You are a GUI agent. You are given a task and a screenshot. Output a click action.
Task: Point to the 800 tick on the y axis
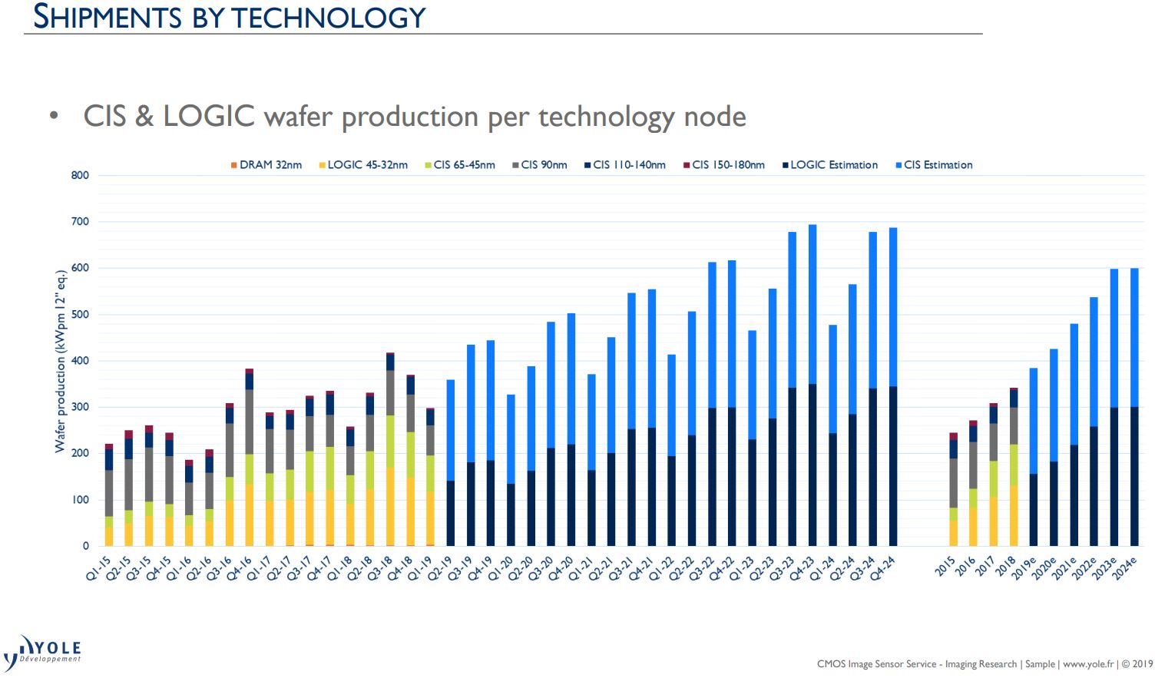pyautogui.click(x=81, y=175)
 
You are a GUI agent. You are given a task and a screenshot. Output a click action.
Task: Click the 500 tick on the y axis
pyautogui.click(x=81, y=314)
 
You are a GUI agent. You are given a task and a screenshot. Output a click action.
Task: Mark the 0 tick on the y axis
pyautogui.click(x=86, y=546)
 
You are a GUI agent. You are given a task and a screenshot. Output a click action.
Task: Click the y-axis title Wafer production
pyautogui.click(x=60, y=361)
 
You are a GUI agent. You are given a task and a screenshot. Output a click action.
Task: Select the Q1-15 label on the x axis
pyautogui.click(x=99, y=571)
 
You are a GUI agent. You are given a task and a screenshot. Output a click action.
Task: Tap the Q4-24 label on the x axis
pyautogui.click(x=883, y=571)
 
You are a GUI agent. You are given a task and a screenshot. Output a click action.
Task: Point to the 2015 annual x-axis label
pyautogui.click(x=945, y=567)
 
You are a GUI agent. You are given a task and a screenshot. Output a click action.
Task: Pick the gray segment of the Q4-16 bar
pyautogui.click(x=250, y=422)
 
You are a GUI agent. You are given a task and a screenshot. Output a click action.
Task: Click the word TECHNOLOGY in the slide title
pyautogui.click(x=329, y=17)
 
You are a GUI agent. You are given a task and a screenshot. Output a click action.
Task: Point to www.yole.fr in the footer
pyautogui.click(x=1087, y=664)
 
